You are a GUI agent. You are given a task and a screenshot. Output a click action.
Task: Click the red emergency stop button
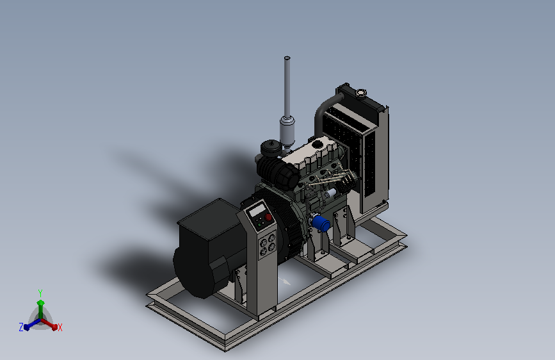[269, 217]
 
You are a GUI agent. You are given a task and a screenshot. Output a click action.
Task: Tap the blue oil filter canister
[321, 224]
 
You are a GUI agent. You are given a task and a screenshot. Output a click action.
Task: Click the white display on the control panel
[257, 209]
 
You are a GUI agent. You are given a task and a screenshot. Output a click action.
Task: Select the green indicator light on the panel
[259, 225]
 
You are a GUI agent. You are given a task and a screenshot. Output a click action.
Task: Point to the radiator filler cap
[360, 93]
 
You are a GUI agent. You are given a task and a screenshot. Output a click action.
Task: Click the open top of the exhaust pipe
[287, 58]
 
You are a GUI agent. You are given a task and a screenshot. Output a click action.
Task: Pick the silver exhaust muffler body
[287, 131]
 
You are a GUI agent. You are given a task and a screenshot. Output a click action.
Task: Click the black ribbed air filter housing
[278, 173]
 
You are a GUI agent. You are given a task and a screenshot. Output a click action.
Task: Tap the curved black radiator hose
[324, 113]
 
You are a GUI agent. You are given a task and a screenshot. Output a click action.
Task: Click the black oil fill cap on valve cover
[317, 144]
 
